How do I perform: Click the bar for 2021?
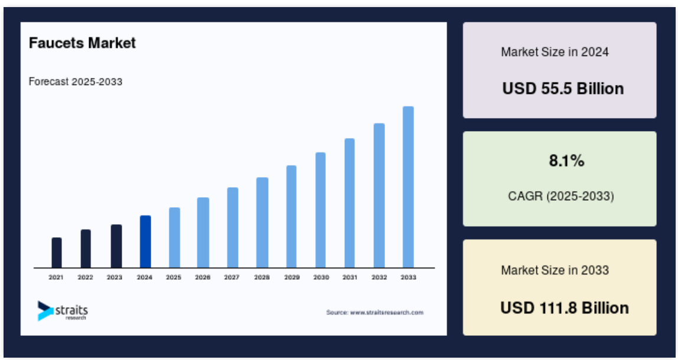[x=57, y=253]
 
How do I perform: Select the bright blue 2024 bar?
[x=145, y=241]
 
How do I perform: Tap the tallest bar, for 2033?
[x=408, y=187]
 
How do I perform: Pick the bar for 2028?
[x=262, y=222]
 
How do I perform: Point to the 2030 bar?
[x=321, y=210]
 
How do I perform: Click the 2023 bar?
[x=116, y=246]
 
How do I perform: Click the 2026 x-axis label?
[x=203, y=277]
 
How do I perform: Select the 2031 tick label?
[x=350, y=277]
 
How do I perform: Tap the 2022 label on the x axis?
[x=85, y=277]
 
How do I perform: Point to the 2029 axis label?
[x=292, y=277]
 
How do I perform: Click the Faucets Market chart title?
[x=82, y=42]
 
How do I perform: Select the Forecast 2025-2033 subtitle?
[x=76, y=81]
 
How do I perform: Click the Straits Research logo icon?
[x=45, y=311]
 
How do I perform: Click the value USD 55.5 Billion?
[x=563, y=89]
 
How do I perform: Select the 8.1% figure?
[x=566, y=161]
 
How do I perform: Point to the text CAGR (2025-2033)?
[x=561, y=196]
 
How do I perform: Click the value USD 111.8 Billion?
[x=564, y=308]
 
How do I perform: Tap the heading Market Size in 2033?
[x=555, y=270]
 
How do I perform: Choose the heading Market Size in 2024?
[x=555, y=52]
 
